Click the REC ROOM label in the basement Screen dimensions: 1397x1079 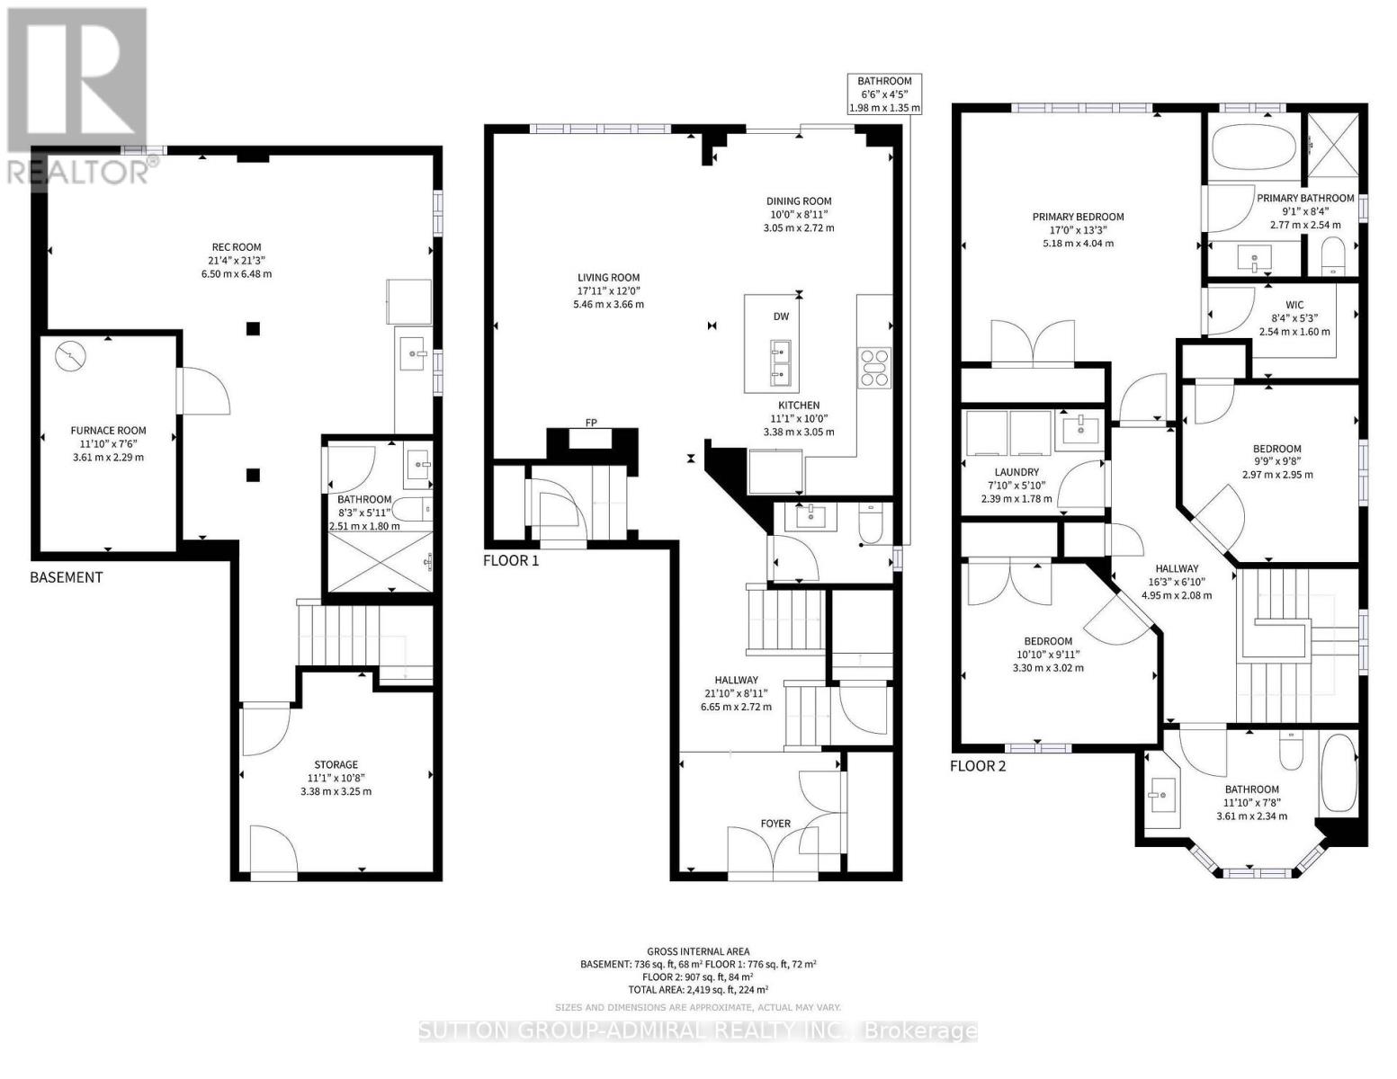[237, 247]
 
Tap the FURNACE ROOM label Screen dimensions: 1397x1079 [108, 431]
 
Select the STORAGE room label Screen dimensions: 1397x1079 [336, 765]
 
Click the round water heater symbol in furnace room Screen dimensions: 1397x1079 [70, 356]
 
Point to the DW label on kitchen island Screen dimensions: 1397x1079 [781, 317]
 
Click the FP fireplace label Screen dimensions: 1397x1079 [591, 423]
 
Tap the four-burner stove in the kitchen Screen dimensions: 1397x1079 [874, 368]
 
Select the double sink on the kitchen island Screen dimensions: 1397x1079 [781, 361]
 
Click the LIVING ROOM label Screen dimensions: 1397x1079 [608, 278]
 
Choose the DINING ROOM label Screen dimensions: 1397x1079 [799, 201]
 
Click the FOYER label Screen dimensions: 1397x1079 [775, 824]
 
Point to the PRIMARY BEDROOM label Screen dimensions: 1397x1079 [1079, 218]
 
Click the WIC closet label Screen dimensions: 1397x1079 [1294, 305]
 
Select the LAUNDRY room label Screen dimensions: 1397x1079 [1016, 472]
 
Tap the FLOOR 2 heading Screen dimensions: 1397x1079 [978, 765]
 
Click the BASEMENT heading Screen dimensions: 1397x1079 [67, 577]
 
